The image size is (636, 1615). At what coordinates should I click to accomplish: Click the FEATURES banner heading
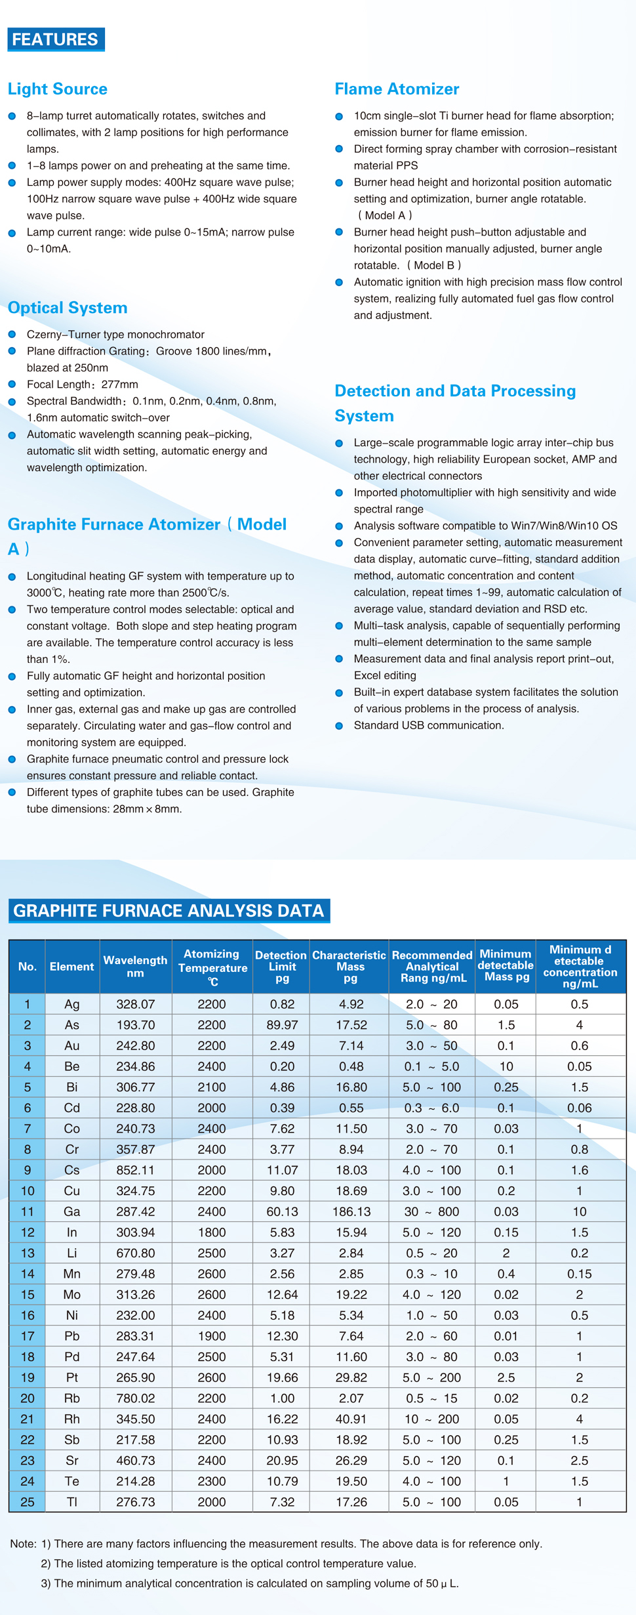point(56,39)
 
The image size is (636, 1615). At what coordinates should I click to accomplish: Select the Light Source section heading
point(58,89)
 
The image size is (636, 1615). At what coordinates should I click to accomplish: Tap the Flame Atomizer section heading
point(397,89)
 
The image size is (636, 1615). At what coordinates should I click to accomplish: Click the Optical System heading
point(68,308)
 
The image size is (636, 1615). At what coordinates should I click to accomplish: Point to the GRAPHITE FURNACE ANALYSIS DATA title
point(169,911)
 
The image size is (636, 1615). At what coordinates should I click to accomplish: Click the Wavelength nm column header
point(135,967)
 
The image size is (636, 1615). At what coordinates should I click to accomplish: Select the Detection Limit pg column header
point(281,967)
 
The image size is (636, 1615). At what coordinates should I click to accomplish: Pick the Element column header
point(72,967)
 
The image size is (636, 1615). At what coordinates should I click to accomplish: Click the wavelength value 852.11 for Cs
point(135,1170)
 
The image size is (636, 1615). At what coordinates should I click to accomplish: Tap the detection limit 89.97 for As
point(282,1025)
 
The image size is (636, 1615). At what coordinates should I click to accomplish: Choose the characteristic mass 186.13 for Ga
point(351,1211)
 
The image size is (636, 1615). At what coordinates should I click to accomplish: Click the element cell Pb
point(72,1336)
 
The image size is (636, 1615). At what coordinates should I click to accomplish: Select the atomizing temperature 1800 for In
point(212,1232)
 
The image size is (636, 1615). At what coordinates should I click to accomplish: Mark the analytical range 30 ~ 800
point(431,1211)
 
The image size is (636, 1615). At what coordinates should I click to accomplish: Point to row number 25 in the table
point(28,1501)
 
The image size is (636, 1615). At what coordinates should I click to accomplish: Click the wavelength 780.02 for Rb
point(135,1398)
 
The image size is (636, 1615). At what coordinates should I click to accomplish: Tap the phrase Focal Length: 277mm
point(83,385)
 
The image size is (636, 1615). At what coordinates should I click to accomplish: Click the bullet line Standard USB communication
point(429,725)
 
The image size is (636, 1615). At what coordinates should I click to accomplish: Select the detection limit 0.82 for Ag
point(282,1004)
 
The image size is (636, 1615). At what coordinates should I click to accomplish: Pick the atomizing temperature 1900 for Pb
point(212,1336)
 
